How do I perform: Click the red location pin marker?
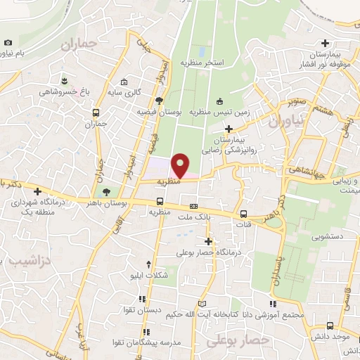point(181,165)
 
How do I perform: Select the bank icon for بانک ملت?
point(193,206)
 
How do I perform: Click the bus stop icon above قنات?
point(243,214)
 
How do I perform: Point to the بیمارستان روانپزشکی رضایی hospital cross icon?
point(229,128)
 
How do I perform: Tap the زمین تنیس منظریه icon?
point(219,101)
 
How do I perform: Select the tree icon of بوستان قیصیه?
point(159,101)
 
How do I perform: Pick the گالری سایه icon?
point(124,82)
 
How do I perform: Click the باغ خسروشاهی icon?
point(64,79)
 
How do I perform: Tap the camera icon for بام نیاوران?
point(8,42)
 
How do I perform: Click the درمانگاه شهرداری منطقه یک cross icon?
point(37,191)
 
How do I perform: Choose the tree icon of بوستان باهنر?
point(106,191)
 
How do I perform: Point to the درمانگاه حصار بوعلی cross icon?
point(207,241)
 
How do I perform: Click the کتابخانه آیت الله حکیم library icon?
point(203,303)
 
